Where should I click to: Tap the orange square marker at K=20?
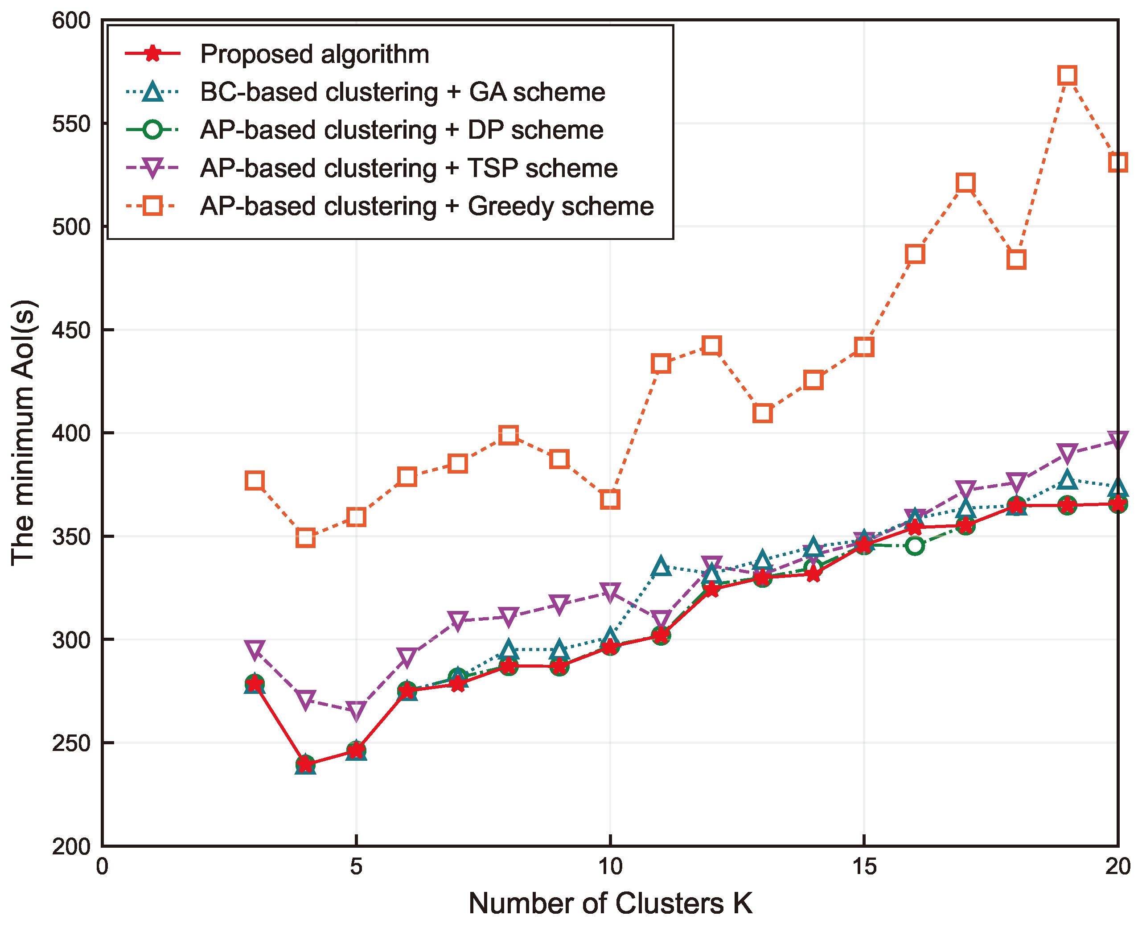click(1117, 162)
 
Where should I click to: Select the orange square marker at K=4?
click(305, 538)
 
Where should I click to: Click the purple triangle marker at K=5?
click(356, 710)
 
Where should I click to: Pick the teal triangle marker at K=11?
click(661, 566)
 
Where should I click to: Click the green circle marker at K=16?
click(915, 546)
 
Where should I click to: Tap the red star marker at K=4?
click(305, 764)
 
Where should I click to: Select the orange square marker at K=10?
click(610, 499)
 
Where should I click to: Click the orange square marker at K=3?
click(255, 481)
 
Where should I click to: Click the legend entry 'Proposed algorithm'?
click(314, 54)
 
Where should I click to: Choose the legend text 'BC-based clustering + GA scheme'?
click(403, 92)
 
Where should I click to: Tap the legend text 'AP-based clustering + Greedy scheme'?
click(426, 206)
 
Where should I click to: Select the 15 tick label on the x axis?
click(863, 866)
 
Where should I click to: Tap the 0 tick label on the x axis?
click(102, 866)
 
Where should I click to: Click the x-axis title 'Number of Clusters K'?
click(610, 903)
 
